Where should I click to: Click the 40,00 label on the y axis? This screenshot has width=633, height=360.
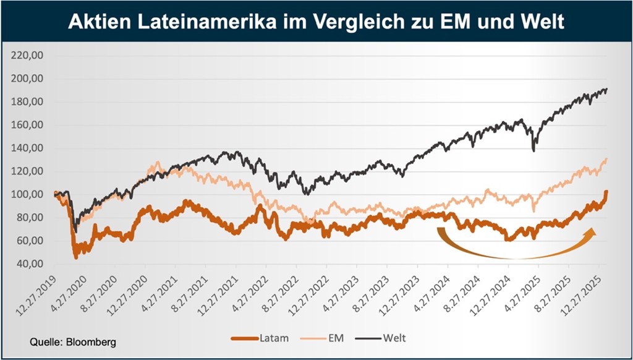(28, 264)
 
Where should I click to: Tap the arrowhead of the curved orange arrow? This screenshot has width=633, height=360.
(592, 232)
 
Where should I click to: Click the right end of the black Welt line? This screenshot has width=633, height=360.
(607, 89)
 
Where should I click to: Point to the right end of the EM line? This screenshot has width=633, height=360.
(607, 159)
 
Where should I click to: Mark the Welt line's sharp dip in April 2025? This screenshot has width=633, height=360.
(533, 149)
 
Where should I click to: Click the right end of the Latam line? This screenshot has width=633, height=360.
(607, 192)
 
